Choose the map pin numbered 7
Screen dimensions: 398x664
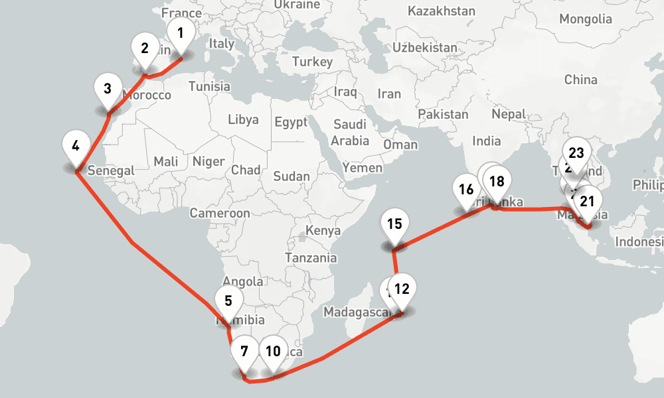click(244, 352)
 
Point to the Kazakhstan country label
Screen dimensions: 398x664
click(442, 11)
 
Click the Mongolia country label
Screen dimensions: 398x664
click(585, 19)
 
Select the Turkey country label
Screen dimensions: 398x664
click(312, 62)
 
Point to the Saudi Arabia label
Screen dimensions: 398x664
click(350, 133)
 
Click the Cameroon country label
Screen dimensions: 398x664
click(220, 213)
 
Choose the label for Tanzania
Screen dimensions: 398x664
click(311, 257)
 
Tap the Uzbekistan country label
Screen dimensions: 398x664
click(425, 48)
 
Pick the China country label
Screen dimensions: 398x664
click(581, 80)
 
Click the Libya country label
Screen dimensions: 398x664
click(243, 120)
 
